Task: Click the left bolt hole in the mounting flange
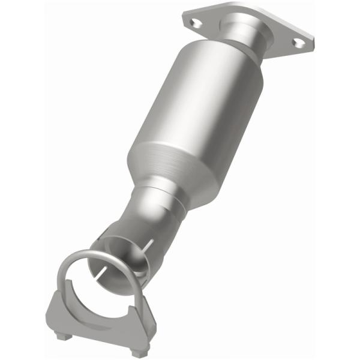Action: click(194, 23)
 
